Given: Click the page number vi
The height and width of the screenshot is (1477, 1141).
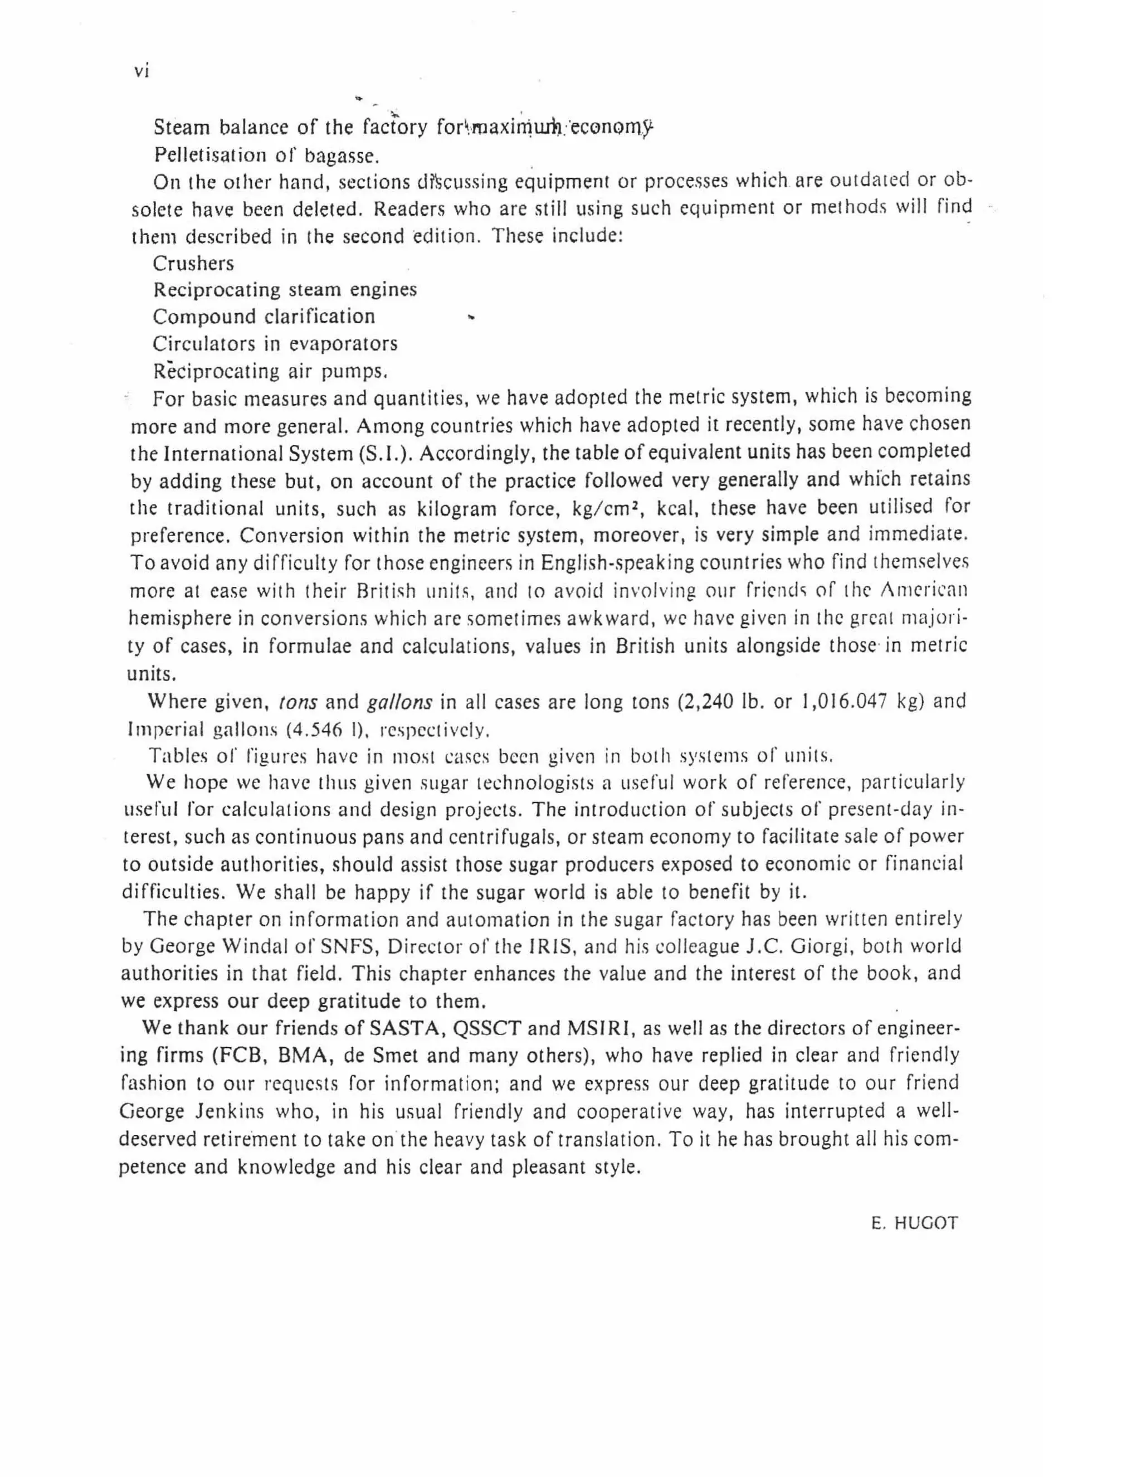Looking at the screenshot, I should point(142,70).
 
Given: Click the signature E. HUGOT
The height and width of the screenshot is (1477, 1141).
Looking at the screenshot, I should point(914,1223).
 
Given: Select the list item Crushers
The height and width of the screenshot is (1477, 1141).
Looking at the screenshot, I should point(193,263).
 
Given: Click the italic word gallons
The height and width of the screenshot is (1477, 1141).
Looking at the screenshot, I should point(399,702).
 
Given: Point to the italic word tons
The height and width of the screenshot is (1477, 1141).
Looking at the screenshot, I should point(298,702).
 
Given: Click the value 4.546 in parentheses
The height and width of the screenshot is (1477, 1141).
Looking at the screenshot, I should point(320,730).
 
